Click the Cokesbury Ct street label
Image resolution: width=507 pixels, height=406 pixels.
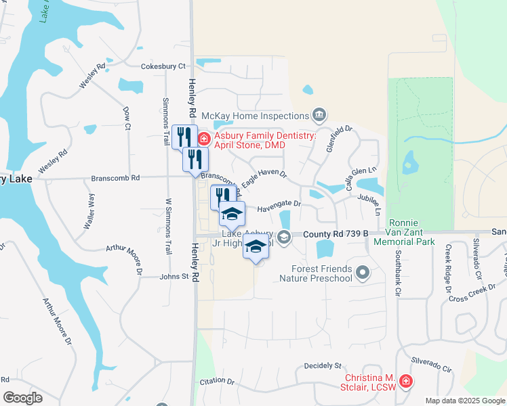tap(163, 66)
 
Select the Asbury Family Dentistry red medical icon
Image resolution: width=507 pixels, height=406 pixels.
tap(203, 139)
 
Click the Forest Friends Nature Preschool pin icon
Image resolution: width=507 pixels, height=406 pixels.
tap(363, 273)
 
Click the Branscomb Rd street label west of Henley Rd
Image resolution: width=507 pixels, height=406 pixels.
tap(116, 178)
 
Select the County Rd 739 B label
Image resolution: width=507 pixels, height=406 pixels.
tap(336, 233)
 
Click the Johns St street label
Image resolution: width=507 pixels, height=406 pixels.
tap(174, 277)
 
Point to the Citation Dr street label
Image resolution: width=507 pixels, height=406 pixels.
tap(217, 382)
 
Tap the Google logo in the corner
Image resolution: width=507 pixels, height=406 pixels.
tap(23, 397)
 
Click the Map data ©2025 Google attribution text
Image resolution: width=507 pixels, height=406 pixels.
tap(464, 401)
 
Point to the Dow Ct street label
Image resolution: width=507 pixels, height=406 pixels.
tap(126, 118)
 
